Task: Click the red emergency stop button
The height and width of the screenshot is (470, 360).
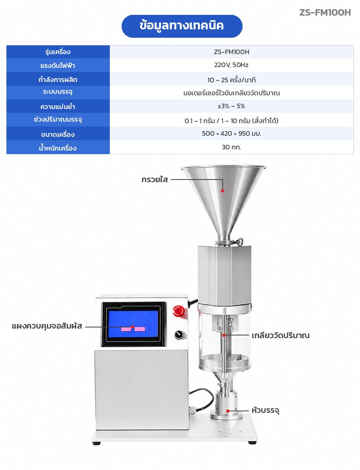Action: coord(178,311)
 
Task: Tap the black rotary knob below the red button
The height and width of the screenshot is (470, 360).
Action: coord(179,335)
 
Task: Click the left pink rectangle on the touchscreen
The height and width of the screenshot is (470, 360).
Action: coord(126,329)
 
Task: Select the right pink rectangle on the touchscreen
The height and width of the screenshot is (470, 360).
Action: coord(140,329)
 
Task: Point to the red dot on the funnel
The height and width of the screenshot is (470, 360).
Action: coord(222,191)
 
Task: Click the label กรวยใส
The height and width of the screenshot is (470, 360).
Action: coord(154,179)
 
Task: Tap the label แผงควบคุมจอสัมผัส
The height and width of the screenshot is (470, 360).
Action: coord(47,326)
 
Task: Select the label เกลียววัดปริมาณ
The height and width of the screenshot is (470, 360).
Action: coord(280,335)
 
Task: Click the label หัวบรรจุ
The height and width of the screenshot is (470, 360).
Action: coord(265,410)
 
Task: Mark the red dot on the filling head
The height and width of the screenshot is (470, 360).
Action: coord(228,411)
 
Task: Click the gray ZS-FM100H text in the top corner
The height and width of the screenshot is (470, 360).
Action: coord(325,13)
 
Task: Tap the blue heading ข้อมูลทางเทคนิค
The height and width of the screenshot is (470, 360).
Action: coord(182,26)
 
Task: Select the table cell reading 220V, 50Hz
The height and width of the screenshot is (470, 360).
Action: coord(231,65)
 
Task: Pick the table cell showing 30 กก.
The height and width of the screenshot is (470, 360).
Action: coord(231,147)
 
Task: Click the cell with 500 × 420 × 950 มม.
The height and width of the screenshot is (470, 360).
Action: coord(231,133)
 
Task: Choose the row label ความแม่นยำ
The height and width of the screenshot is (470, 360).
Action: coord(58,106)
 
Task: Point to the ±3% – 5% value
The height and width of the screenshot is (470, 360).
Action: coord(231,106)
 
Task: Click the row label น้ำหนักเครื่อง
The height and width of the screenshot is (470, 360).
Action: coord(58,148)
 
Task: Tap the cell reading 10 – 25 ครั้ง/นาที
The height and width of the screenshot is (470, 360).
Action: coord(231,79)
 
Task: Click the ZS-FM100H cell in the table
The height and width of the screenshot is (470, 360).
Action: coord(231,52)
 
